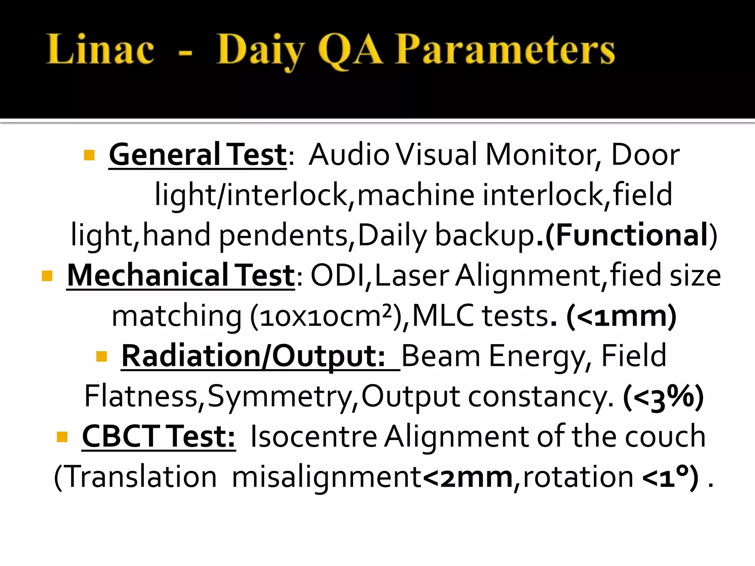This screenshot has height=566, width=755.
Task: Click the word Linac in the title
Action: [x=100, y=49]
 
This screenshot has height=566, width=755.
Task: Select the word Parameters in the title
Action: [x=505, y=49]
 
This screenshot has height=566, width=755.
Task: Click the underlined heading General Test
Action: [x=198, y=155]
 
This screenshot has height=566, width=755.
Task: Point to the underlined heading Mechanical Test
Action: [x=181, y=276]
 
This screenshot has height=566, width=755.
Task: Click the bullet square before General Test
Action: [x=89, y=155]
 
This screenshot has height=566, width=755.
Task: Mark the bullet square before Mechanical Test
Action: [x=47, y=276]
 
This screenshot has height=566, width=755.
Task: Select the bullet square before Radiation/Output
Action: [x=101, y=356]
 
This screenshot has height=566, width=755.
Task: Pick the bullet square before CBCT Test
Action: [x=62, y=437]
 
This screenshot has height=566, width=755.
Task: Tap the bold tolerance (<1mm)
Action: [x=621, y=316]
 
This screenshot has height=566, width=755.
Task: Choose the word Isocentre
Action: [x=314, y=437]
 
